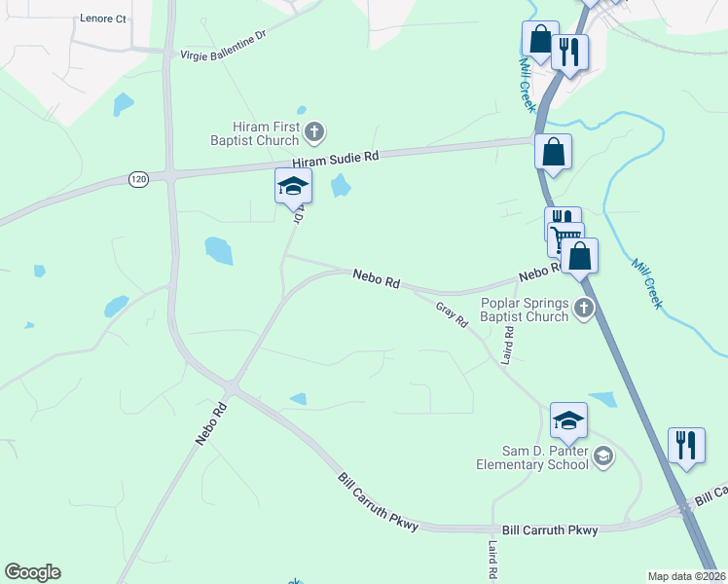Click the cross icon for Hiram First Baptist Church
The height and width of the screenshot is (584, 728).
pos(314,130)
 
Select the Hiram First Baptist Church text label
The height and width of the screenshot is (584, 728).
pos(266,132)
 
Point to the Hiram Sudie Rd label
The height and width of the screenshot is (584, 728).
pos(335,159)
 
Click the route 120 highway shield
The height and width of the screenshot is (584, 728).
pos(138,180)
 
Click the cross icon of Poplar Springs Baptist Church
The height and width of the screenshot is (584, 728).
pos(584,309)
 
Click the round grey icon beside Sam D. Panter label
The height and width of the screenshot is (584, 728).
pos(603,456)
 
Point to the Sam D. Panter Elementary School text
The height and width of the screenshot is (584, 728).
pos(532,457)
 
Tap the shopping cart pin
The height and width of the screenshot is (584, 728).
pos(566,238)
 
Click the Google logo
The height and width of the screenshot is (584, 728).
pos(32,572)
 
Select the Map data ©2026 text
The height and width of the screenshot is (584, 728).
pos(687,576)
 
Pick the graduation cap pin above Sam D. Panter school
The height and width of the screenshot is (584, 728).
pos(568,419)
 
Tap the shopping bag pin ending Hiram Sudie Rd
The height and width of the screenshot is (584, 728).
pos(553,152)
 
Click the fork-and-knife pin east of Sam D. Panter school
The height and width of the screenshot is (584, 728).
pos(687,445)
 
